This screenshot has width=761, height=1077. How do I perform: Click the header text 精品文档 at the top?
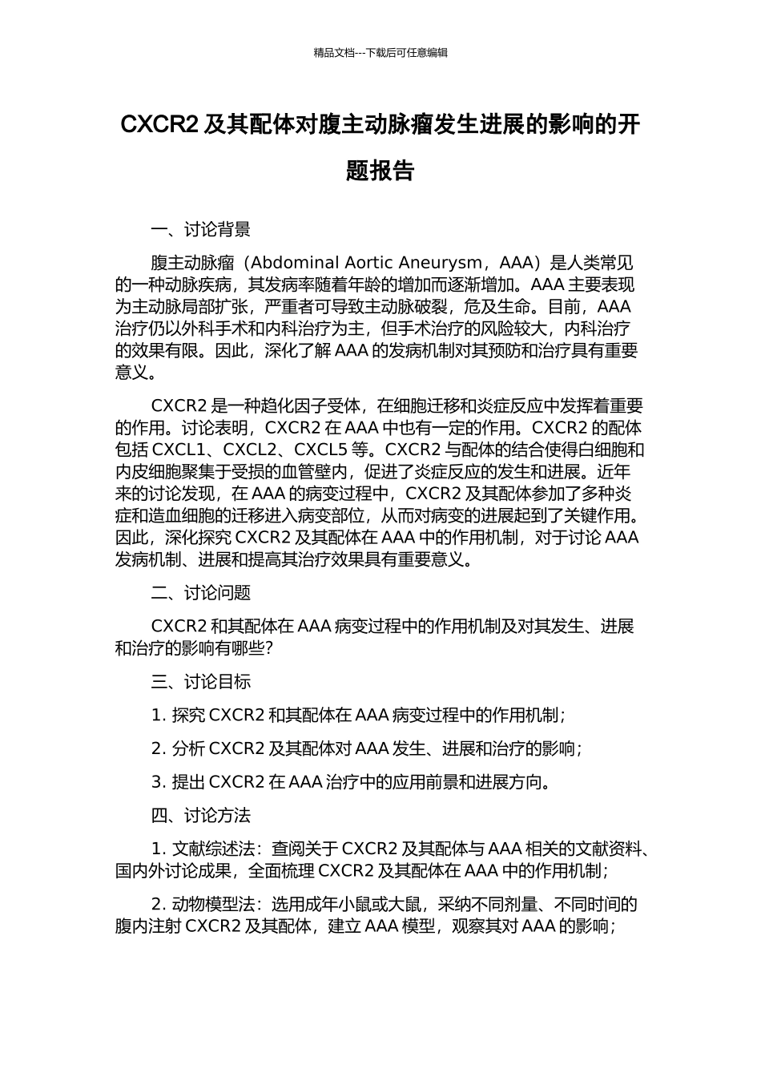(x=334, y=53)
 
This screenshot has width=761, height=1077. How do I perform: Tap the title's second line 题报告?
(x=380, y=171)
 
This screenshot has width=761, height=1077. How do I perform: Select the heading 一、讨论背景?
(x=200, y=230)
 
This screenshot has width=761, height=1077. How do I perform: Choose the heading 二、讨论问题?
(x=200, y=593)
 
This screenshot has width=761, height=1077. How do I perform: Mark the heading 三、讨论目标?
(x=200, y=682)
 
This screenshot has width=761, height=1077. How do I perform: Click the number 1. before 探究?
(x=159, y=716)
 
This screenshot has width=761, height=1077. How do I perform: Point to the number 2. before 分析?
(x=159, y=749)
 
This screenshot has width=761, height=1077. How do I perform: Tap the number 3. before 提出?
(x=159, y=782)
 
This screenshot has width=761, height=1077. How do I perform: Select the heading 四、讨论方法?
(x=200, y=816)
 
